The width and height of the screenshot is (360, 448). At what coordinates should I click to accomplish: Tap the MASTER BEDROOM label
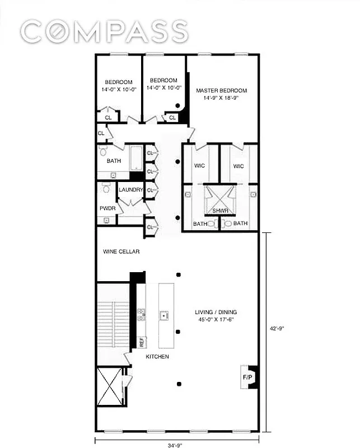point(221,90)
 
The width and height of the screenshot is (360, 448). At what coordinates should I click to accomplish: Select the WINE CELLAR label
point(121,251)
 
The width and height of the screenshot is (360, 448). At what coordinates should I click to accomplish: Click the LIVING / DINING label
point(215,312)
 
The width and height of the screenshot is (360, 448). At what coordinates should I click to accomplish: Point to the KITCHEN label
point(157,356)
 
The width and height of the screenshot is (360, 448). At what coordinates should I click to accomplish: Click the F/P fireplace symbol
point(246,377)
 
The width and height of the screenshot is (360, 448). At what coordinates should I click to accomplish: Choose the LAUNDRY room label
point(130,190)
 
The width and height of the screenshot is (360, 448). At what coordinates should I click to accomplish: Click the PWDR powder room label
point(107,208)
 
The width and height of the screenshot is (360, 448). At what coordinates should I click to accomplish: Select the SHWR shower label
point(219,211)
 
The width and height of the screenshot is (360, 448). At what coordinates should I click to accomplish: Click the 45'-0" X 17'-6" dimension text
point(215,320)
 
